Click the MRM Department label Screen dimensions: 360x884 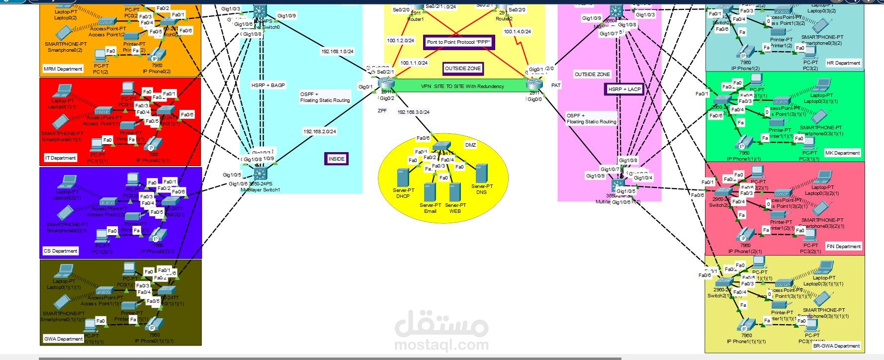pos(63,69)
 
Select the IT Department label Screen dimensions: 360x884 pos(61,158)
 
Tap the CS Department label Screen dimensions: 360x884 pos(61,251)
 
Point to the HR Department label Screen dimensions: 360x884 pos(843,63)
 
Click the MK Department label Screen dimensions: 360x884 pos(842,153)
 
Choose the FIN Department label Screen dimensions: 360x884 pos(843,246)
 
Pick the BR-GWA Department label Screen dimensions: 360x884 pos(836,346)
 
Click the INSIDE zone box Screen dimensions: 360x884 pos(336,159)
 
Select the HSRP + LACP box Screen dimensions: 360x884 pos(624,90)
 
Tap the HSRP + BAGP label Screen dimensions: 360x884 pos(268,86)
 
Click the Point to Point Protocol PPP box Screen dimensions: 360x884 pos(458,42)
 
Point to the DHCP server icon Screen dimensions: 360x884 pos(402,178)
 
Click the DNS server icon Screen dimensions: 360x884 pos(481,174)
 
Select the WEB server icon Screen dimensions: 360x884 pos(454,192)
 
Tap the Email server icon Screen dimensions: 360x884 pos(430,192)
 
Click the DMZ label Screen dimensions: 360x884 pos(470,145)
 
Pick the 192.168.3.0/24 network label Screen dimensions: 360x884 pos(413,112)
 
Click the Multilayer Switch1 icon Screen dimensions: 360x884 pos(260,174)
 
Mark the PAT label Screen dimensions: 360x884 pos(556,86)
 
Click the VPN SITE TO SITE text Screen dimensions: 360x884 pos(462,87)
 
